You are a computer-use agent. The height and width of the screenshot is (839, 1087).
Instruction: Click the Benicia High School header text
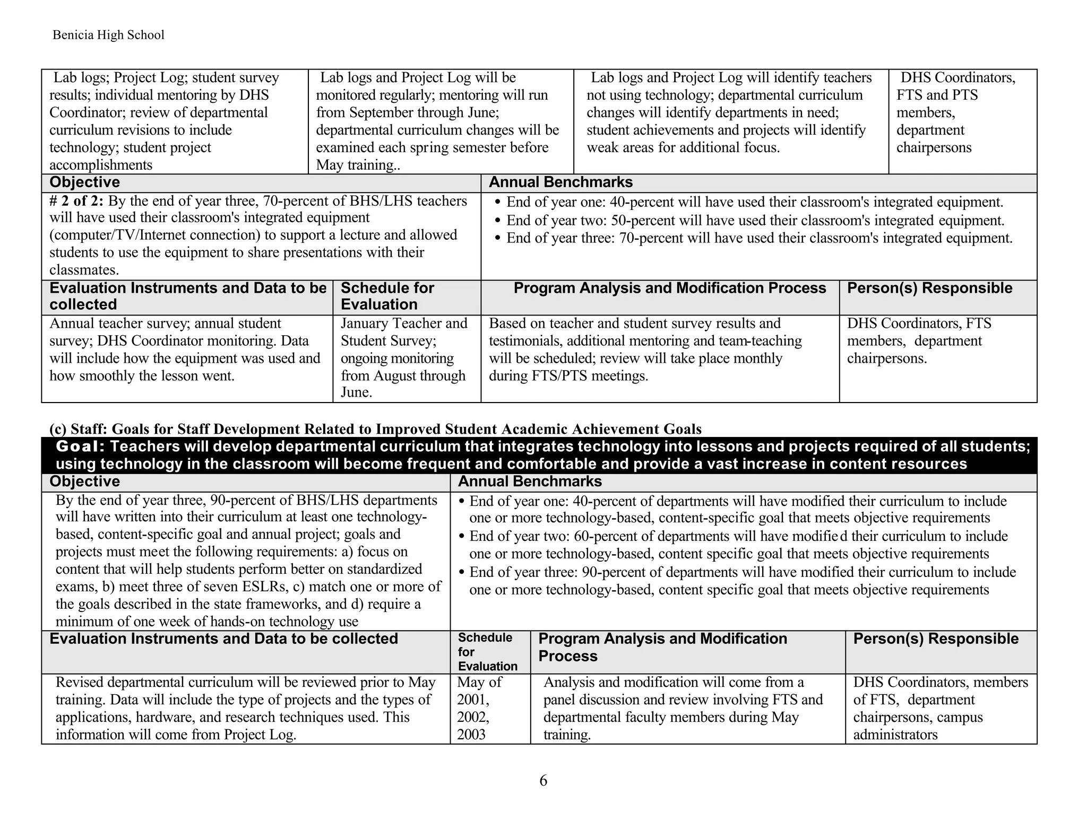click(108, 35)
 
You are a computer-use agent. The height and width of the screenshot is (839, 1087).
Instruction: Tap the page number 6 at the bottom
click(543, 781)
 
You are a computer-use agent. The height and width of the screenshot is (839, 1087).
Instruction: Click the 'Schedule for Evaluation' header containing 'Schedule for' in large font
click(387, 296)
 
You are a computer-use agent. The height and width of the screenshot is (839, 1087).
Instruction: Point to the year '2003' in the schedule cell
click(471, 735)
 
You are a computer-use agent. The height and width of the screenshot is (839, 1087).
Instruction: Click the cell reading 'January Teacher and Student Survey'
click(404, 331)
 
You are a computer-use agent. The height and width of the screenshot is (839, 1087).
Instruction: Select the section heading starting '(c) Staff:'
click(375, 429)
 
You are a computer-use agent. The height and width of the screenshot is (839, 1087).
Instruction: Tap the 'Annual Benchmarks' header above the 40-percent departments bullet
click(530, 482)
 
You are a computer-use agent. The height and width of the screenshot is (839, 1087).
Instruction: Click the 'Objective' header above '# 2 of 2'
click(85, 182)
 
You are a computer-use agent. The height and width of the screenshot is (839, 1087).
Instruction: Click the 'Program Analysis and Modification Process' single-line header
click(669, 289)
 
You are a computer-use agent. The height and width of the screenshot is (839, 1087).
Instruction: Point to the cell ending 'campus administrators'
click(940, 709)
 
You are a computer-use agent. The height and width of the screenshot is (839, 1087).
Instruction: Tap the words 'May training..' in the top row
click(358, 165)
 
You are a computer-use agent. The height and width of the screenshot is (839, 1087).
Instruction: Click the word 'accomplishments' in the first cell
click(101, 165)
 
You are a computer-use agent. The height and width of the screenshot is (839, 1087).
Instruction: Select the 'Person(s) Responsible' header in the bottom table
click(935, 639)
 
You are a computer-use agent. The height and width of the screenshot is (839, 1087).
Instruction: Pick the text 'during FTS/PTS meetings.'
click(568, 376)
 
